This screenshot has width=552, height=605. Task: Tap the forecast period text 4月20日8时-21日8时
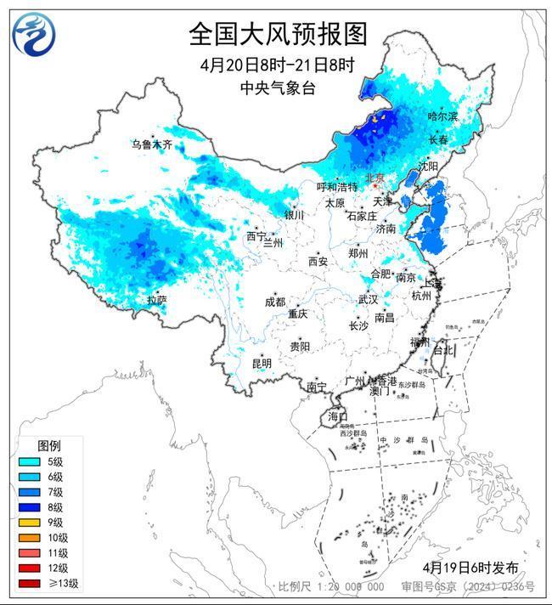pos(276,66)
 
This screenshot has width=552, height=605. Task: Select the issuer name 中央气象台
pos(276,88)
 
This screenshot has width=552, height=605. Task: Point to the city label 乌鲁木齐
pos(151,145)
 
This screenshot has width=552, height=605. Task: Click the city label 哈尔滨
pos(442,116)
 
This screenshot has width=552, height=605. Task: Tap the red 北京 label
pos(374,178)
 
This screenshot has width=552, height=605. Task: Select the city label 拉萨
pos(156,300)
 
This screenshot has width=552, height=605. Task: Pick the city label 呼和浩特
pos(337,186)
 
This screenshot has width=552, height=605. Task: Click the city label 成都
pos(274,302)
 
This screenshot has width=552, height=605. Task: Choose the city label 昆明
pos(262,363)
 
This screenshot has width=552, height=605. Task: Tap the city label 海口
pos(338,416)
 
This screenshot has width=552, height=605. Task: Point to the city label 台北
pos(443,349)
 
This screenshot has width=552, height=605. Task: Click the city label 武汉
pos(368,299)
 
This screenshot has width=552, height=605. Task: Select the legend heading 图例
pos(48,446)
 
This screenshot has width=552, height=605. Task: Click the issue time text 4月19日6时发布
pos(469,567)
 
